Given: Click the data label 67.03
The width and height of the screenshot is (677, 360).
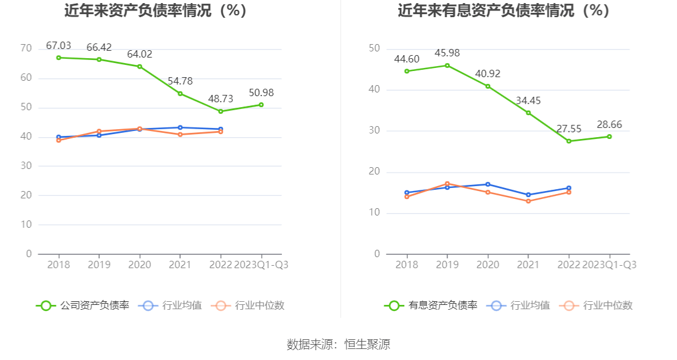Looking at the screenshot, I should click(59, 45).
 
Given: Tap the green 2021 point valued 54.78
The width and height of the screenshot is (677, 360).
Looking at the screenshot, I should click(180, 94).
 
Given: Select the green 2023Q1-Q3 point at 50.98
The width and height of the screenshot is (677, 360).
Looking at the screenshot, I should click(261, 105).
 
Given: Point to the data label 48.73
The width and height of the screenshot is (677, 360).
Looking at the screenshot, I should click(221, 99).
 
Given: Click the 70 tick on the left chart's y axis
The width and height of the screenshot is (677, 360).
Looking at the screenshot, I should click(26, 48).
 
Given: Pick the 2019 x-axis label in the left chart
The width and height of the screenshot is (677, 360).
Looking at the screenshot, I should click(99, 265).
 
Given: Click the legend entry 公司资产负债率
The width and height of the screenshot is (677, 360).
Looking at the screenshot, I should click(83, 306).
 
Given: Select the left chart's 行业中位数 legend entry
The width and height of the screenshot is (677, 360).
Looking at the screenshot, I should click(248, 306).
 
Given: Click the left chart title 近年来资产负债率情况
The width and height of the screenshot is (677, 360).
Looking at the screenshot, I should click(156, 11).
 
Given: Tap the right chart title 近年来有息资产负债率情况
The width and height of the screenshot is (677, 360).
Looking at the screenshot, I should click(504, 11).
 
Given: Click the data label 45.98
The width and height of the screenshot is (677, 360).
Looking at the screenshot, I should click(447, 53).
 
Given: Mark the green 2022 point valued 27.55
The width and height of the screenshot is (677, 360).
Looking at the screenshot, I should click(569, 141).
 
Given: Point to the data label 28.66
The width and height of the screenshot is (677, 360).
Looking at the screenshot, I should click(609, 124).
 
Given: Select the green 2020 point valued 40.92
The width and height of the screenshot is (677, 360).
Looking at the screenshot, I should click(488, 86).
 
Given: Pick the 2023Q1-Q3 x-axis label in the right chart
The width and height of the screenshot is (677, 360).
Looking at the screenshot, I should click(609, 265).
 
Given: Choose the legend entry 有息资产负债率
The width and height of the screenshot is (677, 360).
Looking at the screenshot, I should click(431, 306).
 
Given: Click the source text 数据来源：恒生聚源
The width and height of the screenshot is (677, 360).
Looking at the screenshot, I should click(338, 344).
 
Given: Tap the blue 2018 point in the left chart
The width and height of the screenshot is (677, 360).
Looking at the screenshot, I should click(59, 137).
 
